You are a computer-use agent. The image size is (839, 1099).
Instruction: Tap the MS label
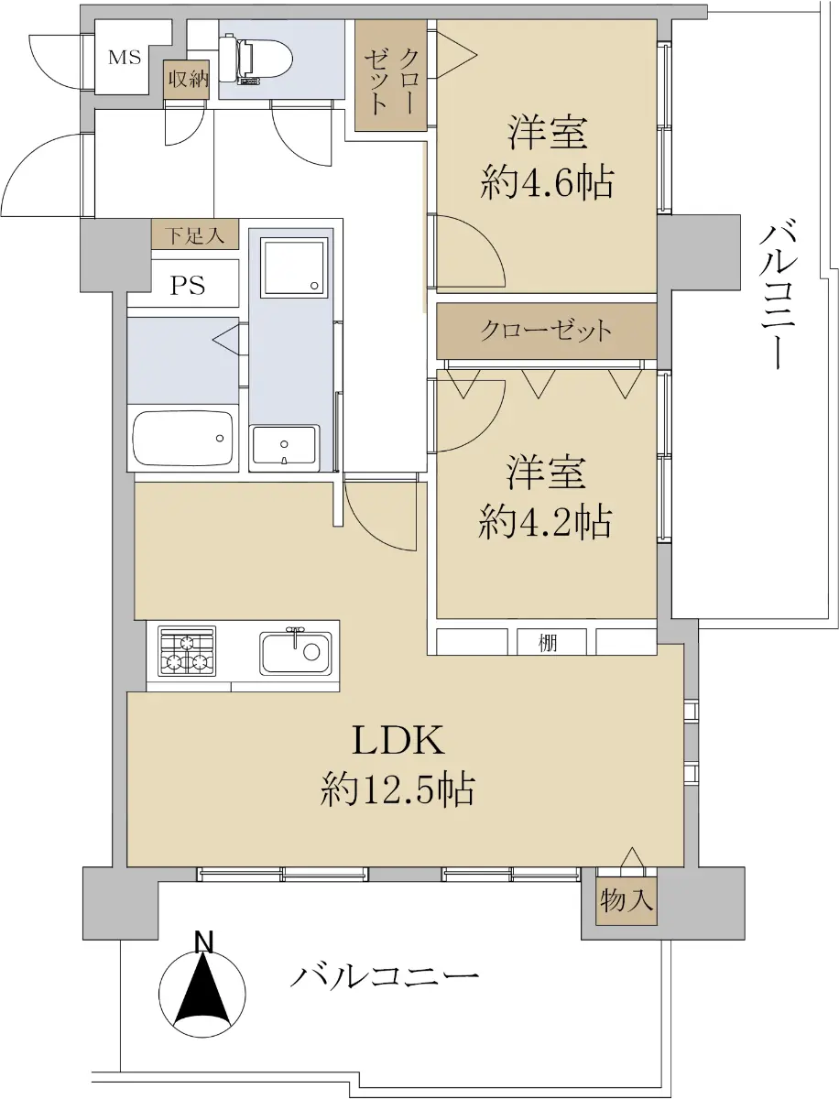[125, 58]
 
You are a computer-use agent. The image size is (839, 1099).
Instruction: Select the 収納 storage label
[188, 79]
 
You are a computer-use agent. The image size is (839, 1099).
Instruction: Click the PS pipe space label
[188, 285]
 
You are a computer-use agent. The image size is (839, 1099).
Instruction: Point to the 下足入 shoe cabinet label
[195, 235]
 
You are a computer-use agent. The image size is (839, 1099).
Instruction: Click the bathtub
[182, 439]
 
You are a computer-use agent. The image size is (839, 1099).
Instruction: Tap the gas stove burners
[187, 651]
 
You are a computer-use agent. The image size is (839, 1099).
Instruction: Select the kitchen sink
[295, 652]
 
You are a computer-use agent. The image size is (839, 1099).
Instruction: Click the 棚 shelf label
[548, 643]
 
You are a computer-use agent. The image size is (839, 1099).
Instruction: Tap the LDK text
[398, 741]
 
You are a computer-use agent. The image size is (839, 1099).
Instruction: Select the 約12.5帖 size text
[397, 789]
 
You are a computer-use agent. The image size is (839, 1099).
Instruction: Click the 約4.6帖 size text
[547, 183]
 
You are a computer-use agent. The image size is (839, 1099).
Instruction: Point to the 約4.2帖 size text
[545, 523]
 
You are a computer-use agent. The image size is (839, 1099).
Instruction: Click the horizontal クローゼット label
[546, 331]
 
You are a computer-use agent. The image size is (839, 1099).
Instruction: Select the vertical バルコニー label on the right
[777, 297]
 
